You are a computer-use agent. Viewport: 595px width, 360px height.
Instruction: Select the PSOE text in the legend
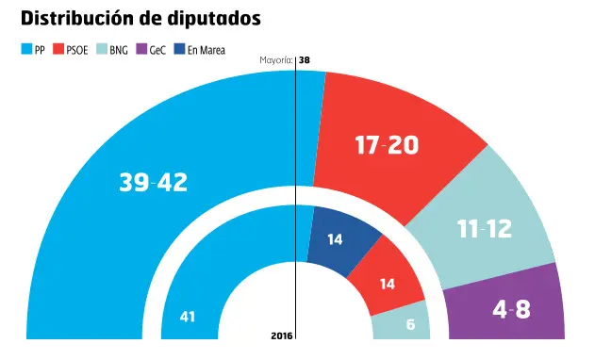(77, 49)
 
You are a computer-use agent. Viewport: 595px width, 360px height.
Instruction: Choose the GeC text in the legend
(157, 49)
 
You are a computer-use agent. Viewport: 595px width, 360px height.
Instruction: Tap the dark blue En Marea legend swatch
(179, 49)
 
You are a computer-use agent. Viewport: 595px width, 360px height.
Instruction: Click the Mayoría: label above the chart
(276, 61)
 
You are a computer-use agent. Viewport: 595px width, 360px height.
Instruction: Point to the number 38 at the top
(305, 61)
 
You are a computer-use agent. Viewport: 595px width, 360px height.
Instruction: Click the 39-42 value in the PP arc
(153, 184)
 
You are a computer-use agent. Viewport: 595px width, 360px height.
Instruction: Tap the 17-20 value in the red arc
(387, 146)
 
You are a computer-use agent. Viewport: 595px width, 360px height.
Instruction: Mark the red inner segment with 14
(387, 283)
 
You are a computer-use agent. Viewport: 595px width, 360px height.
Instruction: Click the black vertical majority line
(296, 188)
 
